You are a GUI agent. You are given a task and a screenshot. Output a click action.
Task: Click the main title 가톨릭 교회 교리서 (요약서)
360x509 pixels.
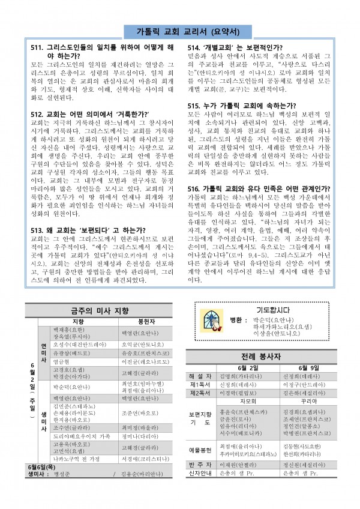pyautogui.click(x=179, y=32)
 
